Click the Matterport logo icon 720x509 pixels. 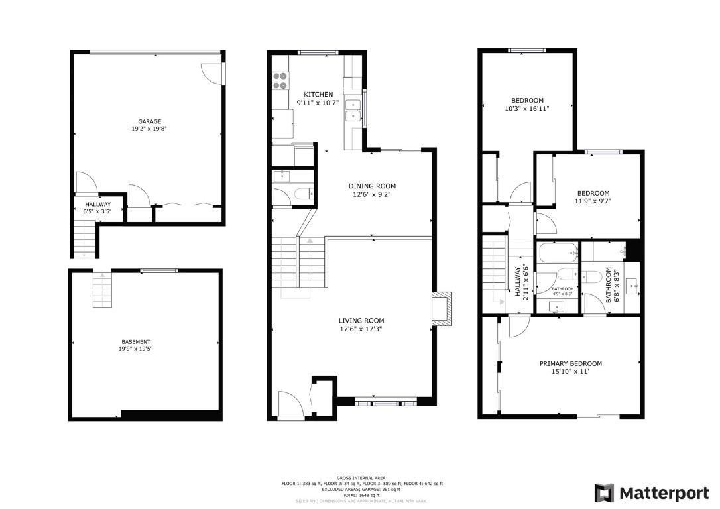point(604,493)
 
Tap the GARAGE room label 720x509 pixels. point(150,121)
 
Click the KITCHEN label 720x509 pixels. point(318,95)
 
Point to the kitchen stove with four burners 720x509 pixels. point(280,80)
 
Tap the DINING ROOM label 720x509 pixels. point(372,186)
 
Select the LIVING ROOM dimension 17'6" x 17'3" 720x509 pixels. point(361,328)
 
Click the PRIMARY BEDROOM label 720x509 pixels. point(570,363)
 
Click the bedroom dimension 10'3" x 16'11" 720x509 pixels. point(527,108)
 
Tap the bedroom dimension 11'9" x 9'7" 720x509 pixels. point(593,201)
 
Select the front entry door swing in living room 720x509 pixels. point(290,404)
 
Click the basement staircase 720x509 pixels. point(102,289)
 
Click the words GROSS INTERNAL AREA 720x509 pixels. point(362,478)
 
